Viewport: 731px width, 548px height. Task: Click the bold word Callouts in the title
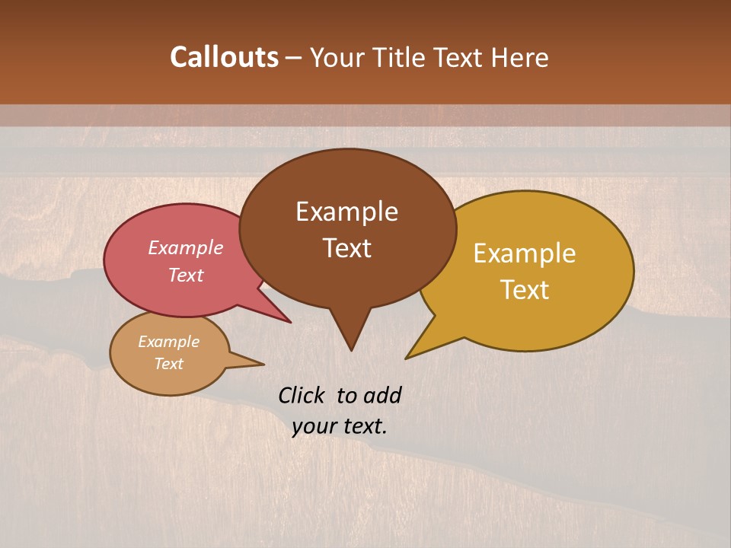click(224, 57)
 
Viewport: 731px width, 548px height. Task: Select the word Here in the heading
click(519, 57)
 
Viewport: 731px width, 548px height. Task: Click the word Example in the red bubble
click(186, 247)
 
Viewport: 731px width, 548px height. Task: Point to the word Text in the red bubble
click(186, 275)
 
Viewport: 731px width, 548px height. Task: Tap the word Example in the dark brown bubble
click(346, 212)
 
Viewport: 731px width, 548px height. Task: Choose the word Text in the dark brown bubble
click(346, 248)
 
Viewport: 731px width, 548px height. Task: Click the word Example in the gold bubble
click(525, 253)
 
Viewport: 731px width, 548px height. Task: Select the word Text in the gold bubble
click(525, 290)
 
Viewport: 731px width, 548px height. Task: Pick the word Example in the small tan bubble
click(168, 342)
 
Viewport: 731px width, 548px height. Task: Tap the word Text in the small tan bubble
click(168, 364)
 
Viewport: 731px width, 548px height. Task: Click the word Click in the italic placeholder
click(303, 395)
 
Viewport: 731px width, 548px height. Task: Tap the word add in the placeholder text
click(382, 395)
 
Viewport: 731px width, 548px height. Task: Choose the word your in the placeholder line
click(313, 426)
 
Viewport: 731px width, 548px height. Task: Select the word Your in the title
click(331, 57)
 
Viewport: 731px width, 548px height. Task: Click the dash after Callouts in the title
click(295, 57)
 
